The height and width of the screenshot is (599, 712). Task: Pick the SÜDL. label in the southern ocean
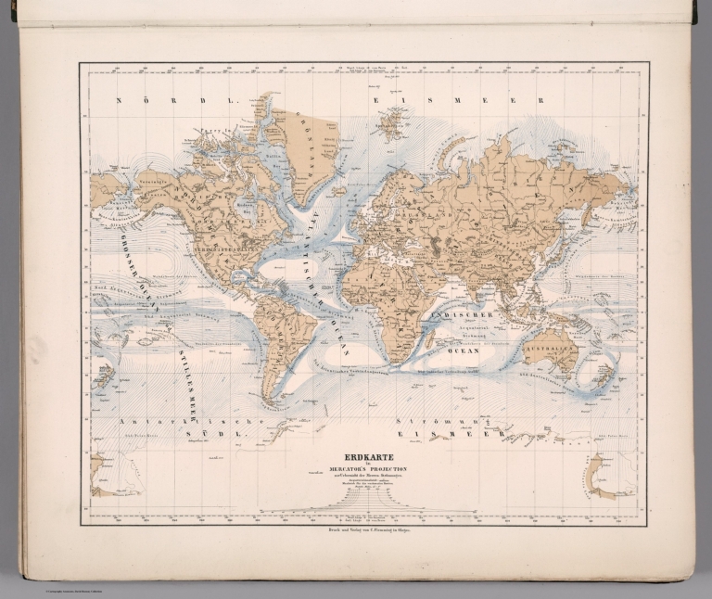[x=196, y=433]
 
